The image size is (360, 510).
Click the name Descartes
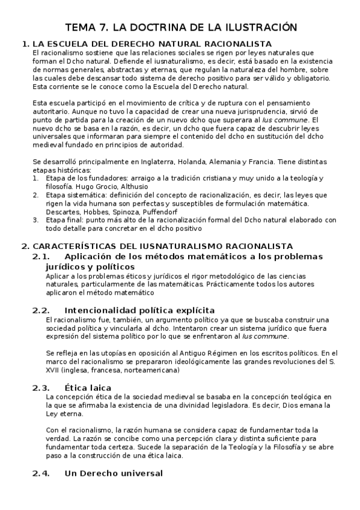coord(63,212)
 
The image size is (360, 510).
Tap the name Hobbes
coord(99,212)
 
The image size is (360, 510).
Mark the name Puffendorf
coord(174,212)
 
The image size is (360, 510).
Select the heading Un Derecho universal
coord(113,474)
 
